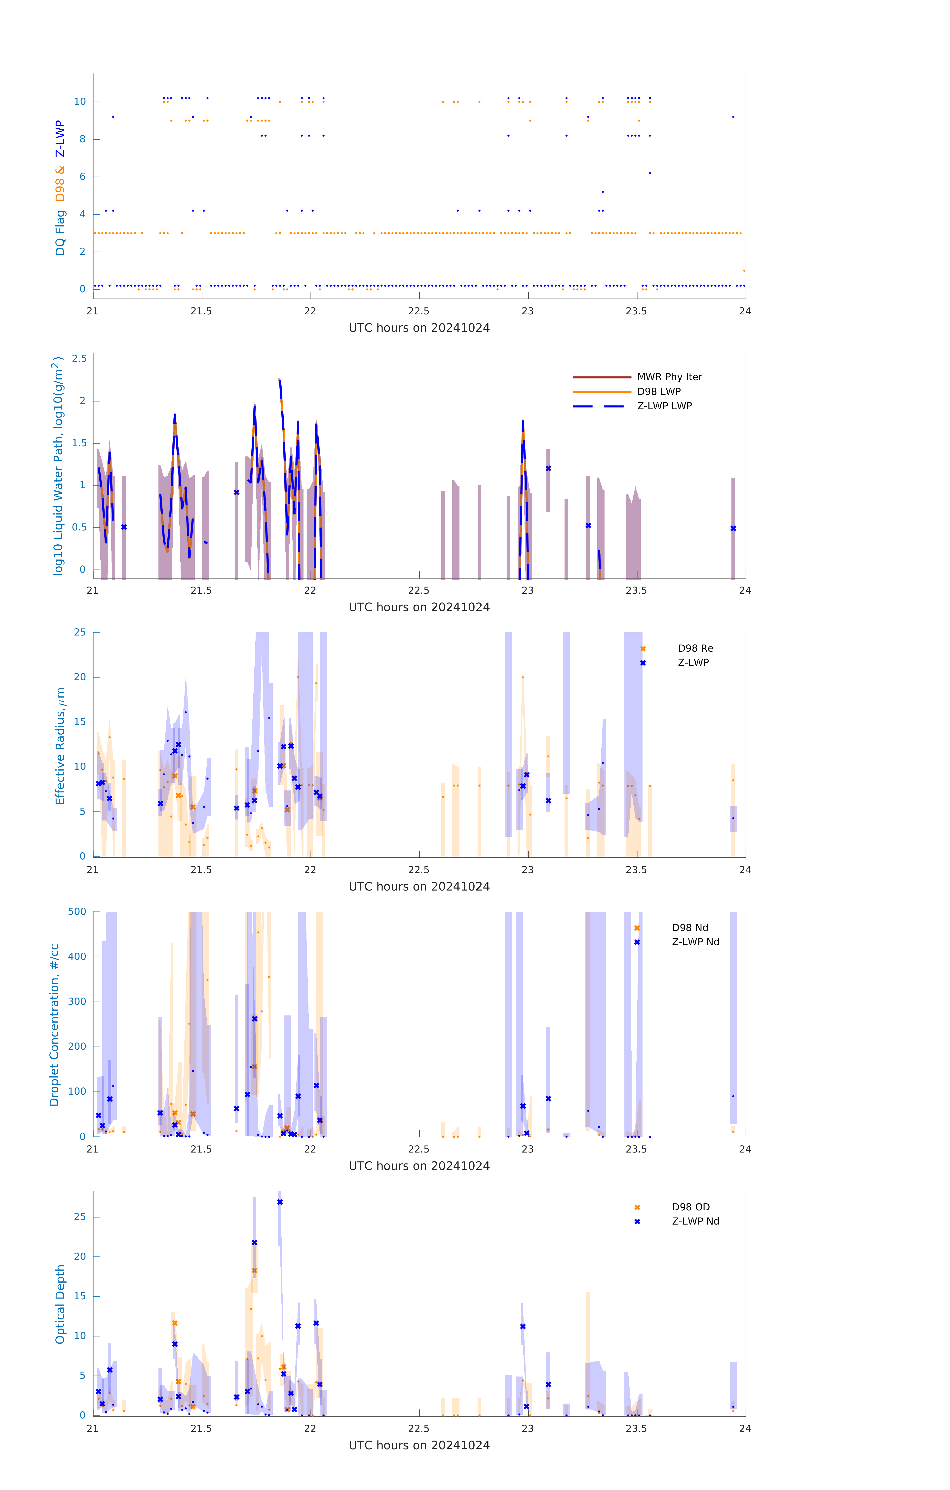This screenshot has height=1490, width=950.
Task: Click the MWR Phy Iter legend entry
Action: tap(669, 377)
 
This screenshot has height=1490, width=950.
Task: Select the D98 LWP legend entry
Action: tap(658, 392)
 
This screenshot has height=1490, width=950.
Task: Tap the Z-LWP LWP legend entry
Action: tap(664, 406)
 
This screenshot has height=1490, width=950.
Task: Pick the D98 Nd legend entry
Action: tap(689, 928)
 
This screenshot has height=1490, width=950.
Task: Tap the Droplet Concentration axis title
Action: tap(54, 1025)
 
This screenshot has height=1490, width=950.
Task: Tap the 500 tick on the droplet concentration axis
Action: tap(77, 911)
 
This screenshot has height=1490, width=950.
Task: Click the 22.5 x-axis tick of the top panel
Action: tap(419, 311)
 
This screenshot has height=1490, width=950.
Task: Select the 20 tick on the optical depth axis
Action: tap(80, 1256)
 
